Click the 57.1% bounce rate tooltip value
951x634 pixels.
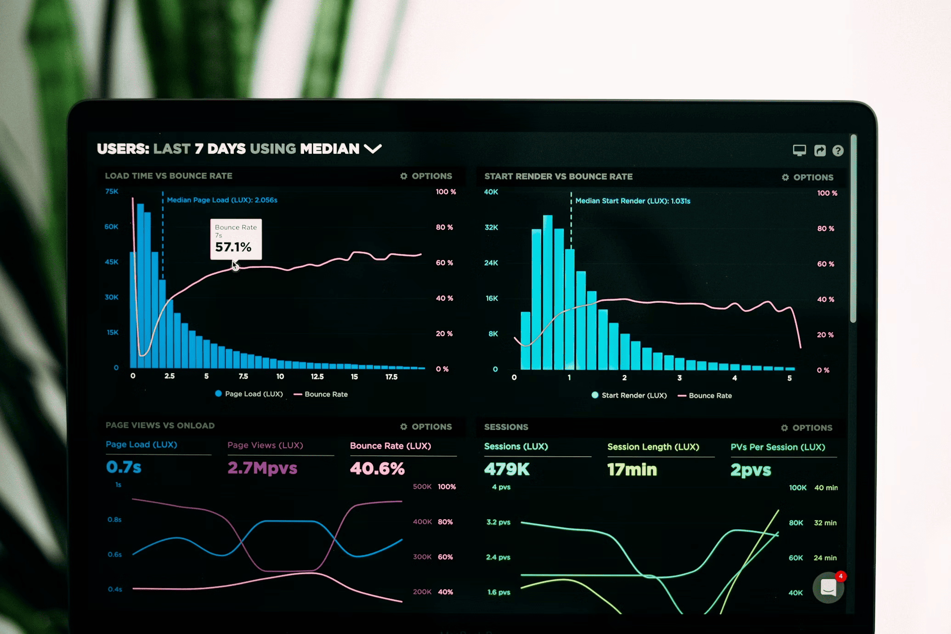pyautogui.click(x=233, y=247)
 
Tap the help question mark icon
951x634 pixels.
pyautogui.click(x=838, y=151)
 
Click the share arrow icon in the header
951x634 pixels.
pyautogui.click(x=820, y=151)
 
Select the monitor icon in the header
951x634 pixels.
pyautogui.click(x=799, y=150)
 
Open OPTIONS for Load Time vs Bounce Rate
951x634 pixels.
pyautogui.click(x=426, y=176)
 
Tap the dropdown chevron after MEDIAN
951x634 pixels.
pyautogui.click(x=373, y=149)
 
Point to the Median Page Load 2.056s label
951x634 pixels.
pyautogui.click(x=222, y=200)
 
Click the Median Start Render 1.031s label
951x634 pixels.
pyautogui.click(x=633, y=201)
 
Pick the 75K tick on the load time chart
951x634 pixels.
pyautogui.click(x=112, y=191)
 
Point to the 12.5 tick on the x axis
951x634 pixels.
pyautogui.click(x=317, y=376)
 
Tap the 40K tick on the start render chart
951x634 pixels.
pyautogui.click(x=491, y=192)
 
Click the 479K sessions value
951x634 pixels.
pyautogui.click(x=507, y=469)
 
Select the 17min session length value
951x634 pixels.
pyautogui.click(x=632, y=470)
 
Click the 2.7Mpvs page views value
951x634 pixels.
pyautogui.click(x=262, y=468)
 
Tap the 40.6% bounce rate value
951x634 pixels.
pyautogui.click(x=377, y=469)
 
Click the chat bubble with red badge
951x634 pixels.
pyautogui.click(x=828, y=587)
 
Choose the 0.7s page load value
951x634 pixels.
pyautogui.click(x=124, y=467)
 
